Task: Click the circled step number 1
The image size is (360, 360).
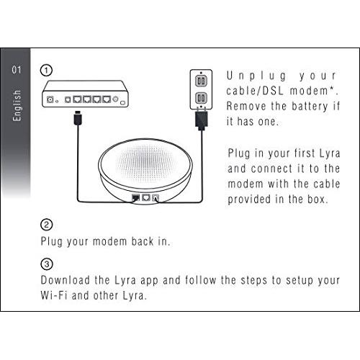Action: [48, 71]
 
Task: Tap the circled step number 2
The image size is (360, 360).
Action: [48, 224]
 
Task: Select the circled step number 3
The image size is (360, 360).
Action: [48, 264]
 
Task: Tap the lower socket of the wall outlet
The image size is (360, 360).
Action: [202, 96]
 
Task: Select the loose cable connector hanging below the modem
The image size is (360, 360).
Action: [77, 114]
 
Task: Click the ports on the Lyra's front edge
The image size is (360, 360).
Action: [143, 197]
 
